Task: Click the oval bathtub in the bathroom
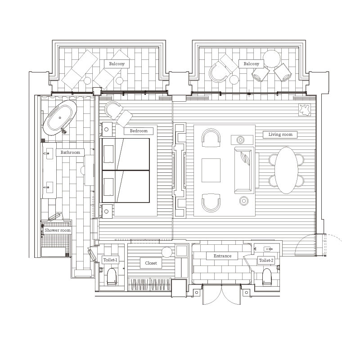(60, 118)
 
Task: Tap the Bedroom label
(139, 131)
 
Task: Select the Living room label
(280, 135)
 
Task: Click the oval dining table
(286, 171)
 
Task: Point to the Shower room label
(58, 230)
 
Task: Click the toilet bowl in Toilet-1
(112, 276)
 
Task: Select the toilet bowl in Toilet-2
(267, 277)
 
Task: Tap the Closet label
(151, 263)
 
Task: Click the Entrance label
(222, 256)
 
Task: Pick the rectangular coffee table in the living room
(211, 170)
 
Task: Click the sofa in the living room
(244, 171)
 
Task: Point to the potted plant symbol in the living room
(305, 109)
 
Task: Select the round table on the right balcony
(272, 59)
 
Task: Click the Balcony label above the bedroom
(117, 64)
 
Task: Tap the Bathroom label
(70, 153)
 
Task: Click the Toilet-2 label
(266, 261)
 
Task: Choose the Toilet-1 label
(110, 260)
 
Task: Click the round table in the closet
(166, 252)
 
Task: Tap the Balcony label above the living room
(252, 64)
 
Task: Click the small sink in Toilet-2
(268, 249)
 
